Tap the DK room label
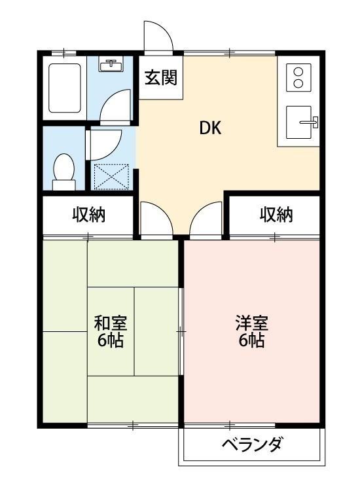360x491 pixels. click(211, 128)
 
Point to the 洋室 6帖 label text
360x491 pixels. click(251, 331)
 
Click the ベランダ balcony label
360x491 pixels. click(251, 446)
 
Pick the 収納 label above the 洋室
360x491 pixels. click(276, 214)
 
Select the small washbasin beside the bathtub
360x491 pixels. click(111, 65)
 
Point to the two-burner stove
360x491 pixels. click(298, 77)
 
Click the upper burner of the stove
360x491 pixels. click(298, 71)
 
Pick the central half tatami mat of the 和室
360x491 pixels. click(157, 331)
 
